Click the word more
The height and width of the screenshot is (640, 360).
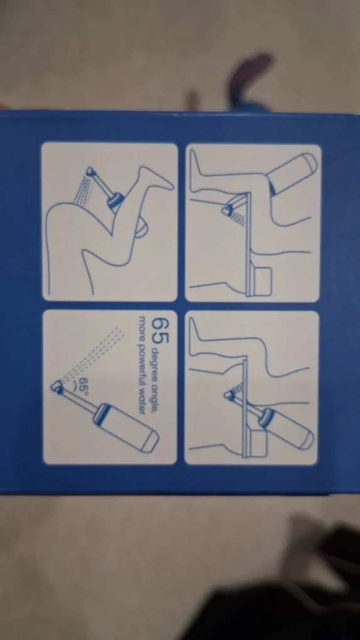pyautogui.click(x=142, y=325)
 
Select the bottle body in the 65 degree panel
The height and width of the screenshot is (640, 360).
pyautogui.click(x=127, y=427)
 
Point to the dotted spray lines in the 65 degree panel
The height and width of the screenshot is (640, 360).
pyautogui.click(x=93, y=354)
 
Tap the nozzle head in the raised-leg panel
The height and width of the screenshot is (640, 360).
pyautogui.click(x=90, y=173)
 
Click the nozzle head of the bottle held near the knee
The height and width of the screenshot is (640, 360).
pyautogui.click(x=227, y=210)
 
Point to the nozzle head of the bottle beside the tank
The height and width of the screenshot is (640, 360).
pyautogui.click(x=230, y=394)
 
